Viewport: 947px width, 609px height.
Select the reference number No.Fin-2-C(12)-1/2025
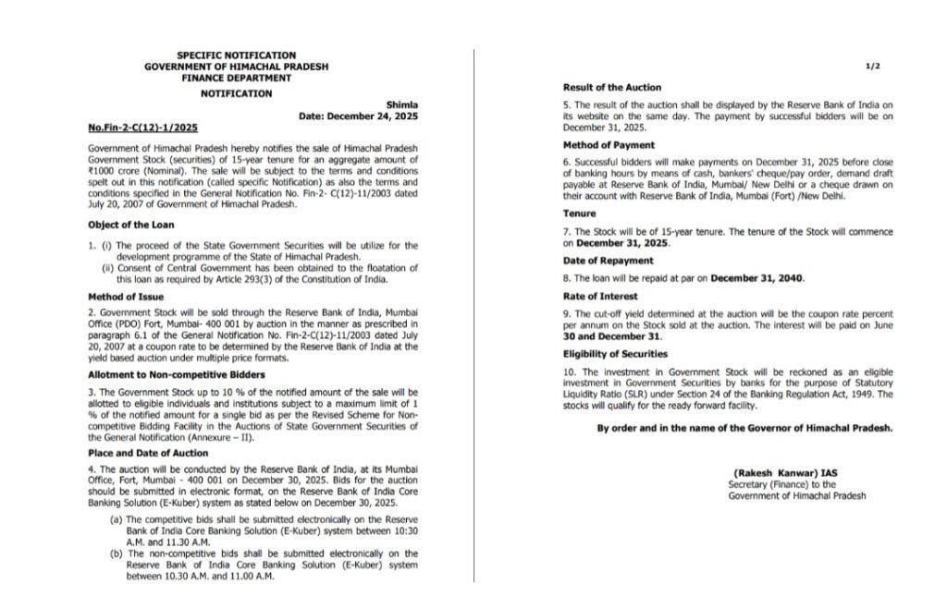point(142,128)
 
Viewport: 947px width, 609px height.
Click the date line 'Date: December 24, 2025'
point(358,117)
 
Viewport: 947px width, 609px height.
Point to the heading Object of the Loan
point(131,225)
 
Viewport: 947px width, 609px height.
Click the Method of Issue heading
point(126,297)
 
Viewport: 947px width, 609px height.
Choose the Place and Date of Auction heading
point(148,453)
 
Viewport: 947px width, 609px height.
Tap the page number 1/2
point(872,67)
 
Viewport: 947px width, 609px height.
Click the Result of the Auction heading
point(612,87)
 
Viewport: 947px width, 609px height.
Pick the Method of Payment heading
point(609,145)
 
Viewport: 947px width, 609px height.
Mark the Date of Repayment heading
point(609,261)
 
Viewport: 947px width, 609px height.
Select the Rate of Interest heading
point(600,297)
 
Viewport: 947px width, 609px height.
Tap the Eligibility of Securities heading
point(616,354)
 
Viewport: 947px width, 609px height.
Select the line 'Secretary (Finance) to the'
point(782,484)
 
